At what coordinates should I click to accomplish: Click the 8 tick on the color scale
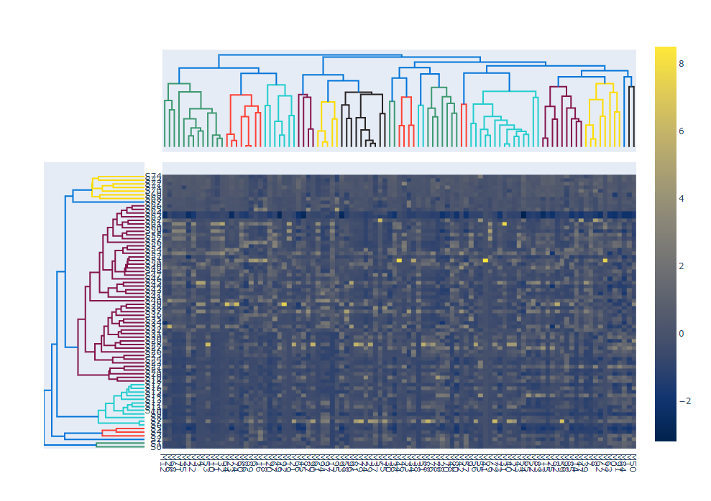682,63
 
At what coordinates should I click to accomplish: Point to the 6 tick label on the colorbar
682,131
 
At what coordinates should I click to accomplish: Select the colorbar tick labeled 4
682,198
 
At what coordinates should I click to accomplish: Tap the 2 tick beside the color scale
682,266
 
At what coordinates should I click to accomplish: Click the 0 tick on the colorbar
682,333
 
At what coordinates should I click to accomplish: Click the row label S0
153,446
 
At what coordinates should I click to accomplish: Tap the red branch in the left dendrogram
122,432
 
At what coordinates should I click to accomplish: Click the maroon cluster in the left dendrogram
93,301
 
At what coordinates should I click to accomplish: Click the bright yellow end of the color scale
665,50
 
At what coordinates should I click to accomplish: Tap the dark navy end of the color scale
665,436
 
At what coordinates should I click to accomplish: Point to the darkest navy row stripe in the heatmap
395,215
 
